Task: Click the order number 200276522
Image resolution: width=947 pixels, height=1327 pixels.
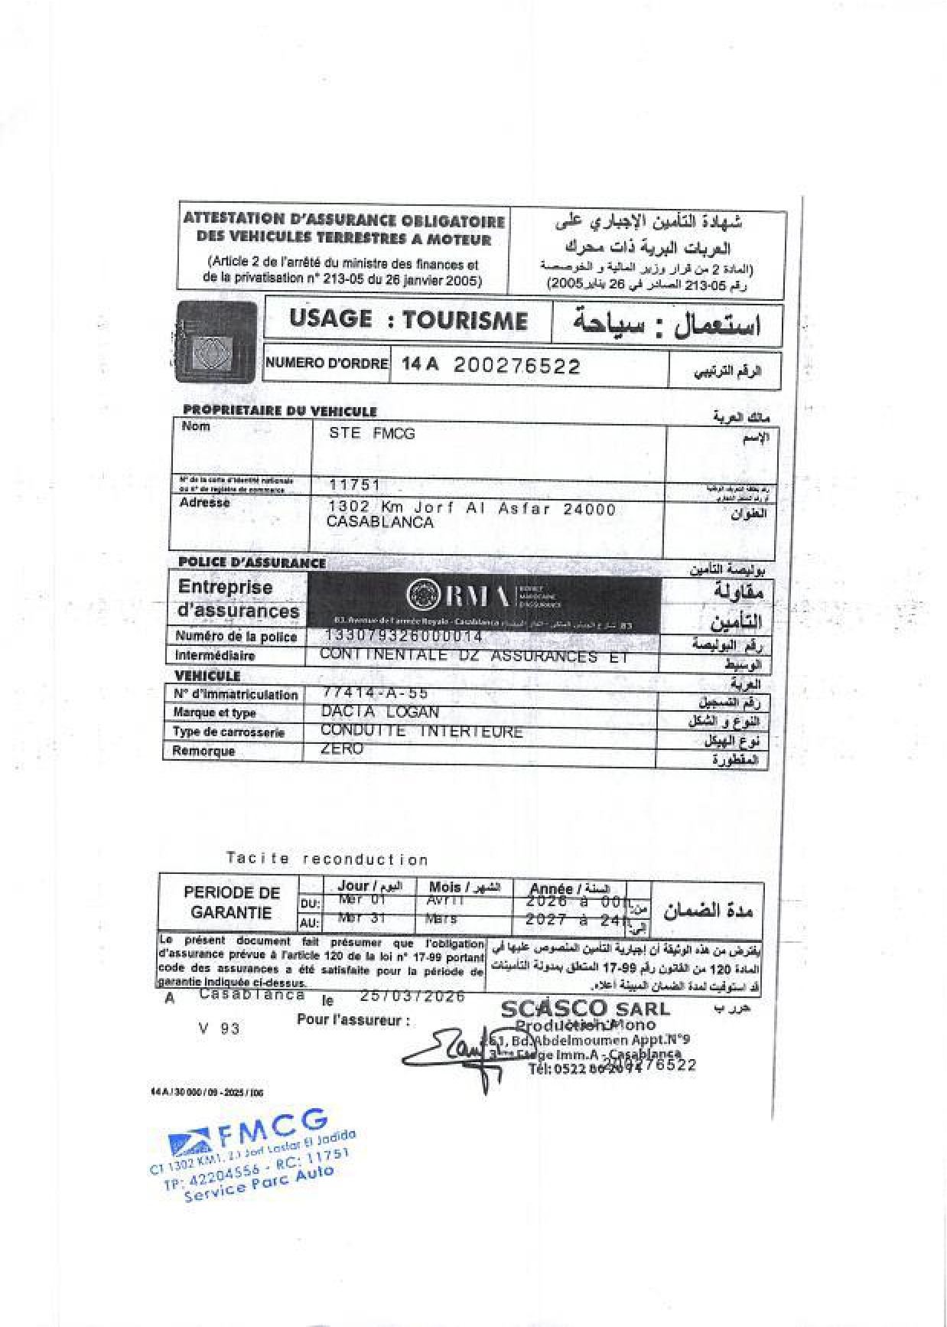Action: (517, 366)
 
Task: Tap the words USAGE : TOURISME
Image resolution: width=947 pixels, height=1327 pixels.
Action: (408, 320)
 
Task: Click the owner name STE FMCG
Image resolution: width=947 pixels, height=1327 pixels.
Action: (372, 433)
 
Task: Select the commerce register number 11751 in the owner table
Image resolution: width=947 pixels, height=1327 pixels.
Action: (354, 484)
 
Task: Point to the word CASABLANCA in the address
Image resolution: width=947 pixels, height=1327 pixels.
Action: (380, 523)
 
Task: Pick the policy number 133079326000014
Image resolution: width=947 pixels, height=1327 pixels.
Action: (404, 636)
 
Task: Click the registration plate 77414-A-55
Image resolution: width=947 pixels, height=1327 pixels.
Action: (376, 693)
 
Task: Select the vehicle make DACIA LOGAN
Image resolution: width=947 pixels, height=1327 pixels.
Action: (380, 712)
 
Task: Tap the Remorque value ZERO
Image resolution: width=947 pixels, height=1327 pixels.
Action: (342, 748)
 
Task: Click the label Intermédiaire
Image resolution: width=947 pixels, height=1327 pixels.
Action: (215, 655)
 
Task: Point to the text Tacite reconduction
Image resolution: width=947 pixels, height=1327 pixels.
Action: (327, 859)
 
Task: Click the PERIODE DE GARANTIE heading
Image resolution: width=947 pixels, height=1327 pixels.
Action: (232, 902)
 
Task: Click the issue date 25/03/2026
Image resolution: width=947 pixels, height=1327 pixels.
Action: (412, 996)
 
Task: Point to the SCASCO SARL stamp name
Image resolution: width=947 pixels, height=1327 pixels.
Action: (584, 1009)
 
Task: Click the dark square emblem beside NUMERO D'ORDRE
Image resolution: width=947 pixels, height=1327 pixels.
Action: (216, 342)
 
